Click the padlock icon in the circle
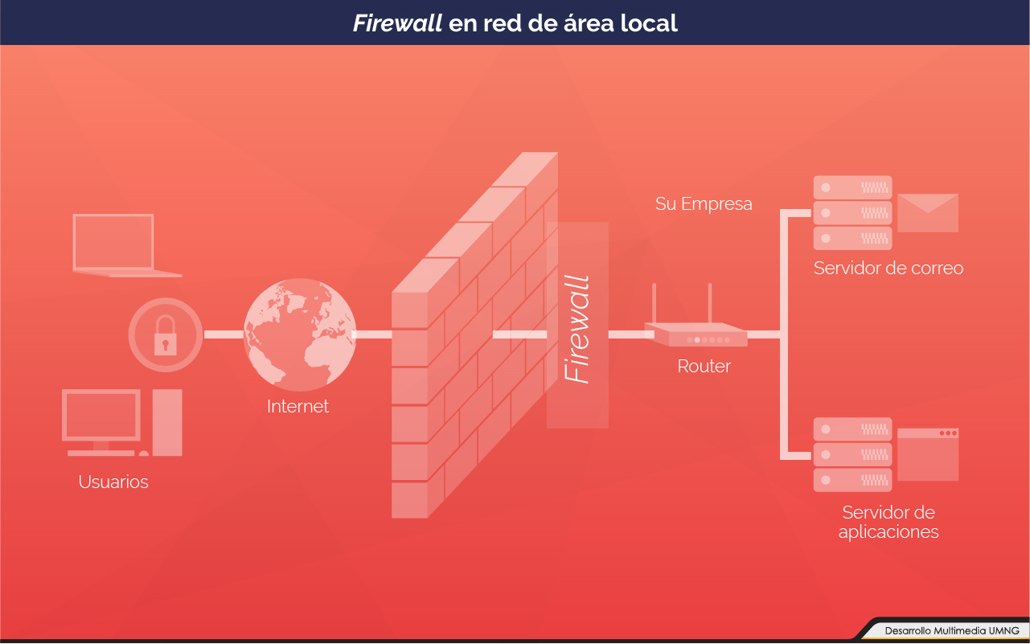(166, 335)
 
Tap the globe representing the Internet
(299, 334)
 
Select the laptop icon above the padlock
(114, 243)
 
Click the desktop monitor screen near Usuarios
(102, 416)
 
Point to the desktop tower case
(167, 421)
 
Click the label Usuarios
(113, 482)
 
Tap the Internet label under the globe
(298, 407)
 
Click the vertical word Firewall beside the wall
(577, 330)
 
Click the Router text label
(704, 367)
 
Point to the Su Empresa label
(704, 204)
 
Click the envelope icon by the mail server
(927, 213)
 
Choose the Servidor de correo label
(888, 268)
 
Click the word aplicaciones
(888, 531)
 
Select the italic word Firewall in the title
(397, 23)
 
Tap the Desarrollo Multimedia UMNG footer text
(951, 630)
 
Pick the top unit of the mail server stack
(852, 187)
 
